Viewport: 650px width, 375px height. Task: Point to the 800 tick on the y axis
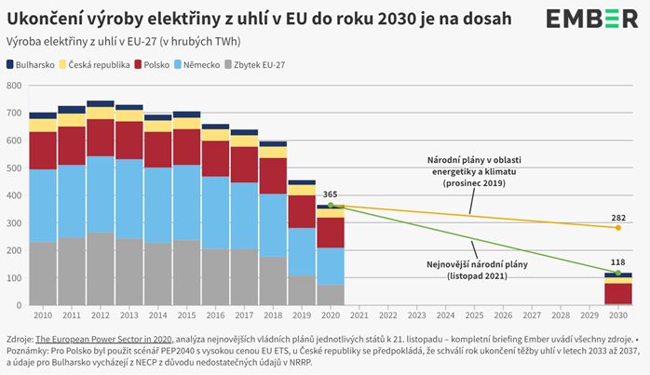(13, 86)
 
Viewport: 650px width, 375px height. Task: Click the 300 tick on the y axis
(13, 223)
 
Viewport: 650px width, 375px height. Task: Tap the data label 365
(331, 194)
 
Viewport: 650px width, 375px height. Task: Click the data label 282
(617, 217)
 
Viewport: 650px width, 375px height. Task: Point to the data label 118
(617, 262)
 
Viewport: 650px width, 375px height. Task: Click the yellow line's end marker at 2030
(616, 228)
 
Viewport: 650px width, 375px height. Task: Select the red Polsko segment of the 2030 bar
(616, 293)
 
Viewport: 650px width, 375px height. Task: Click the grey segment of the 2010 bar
(43, 274)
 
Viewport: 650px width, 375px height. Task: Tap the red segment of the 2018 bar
(273, 176)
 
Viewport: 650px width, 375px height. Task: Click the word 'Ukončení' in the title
(41, 19)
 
